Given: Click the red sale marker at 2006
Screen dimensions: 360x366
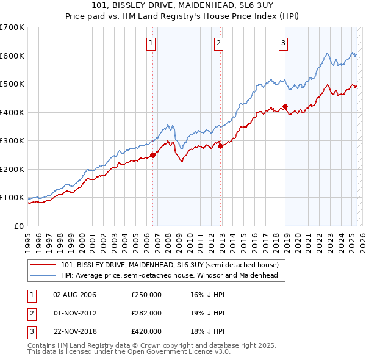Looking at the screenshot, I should point(152,155).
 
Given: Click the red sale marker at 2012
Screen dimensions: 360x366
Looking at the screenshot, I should point(221,146).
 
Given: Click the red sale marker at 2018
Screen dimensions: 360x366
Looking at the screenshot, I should point(285,107).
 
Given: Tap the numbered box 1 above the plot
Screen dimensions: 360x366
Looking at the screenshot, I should point(151,43).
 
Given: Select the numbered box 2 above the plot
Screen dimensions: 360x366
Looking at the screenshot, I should point(218,43).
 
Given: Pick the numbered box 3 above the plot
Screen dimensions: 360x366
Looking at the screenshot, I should point(284,43).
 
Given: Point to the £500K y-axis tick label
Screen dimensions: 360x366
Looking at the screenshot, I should point(12,84).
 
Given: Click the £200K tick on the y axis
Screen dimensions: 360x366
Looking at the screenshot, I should point(12,169).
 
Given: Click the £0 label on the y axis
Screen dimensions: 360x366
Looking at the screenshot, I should point(20,226).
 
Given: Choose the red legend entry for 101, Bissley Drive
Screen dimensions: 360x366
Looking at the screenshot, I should point(170,265).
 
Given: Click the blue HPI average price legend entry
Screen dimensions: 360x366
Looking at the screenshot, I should point(169,275).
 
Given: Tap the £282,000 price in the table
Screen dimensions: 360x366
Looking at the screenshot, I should point(146,312).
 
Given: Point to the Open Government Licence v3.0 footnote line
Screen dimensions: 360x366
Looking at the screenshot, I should point(129,351).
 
